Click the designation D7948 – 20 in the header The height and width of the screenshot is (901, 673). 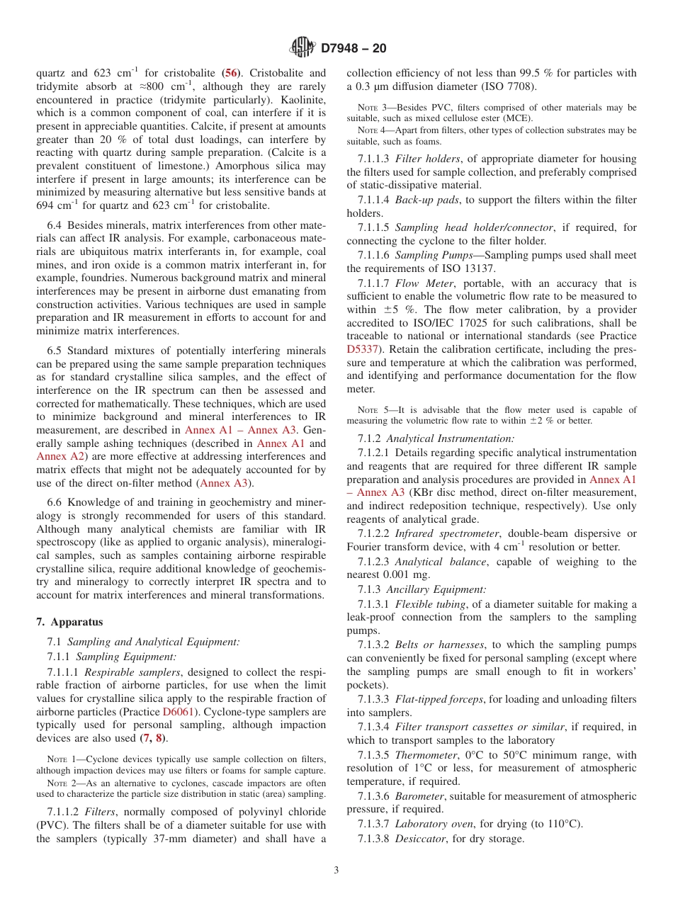(354, 49)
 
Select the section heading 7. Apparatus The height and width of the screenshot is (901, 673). (69, 622)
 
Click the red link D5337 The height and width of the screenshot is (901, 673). (362, 348)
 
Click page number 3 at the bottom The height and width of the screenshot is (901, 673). (336, 870)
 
